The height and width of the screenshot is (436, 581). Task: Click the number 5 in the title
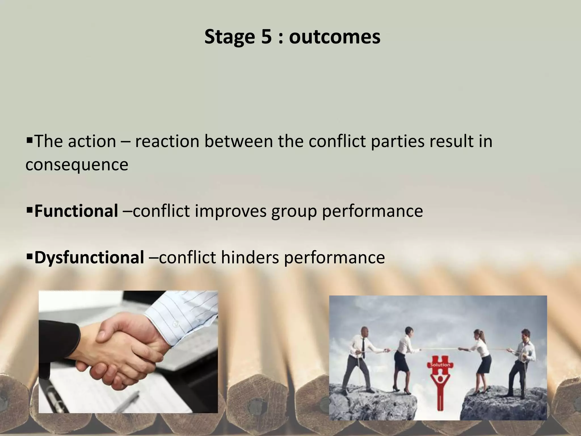[266, 37]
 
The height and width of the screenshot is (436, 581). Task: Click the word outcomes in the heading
[334, 37]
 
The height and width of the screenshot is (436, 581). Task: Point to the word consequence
[77, 164]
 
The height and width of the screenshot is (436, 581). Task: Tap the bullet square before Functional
[30, 210]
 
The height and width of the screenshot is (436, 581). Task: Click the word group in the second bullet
[294, 211]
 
